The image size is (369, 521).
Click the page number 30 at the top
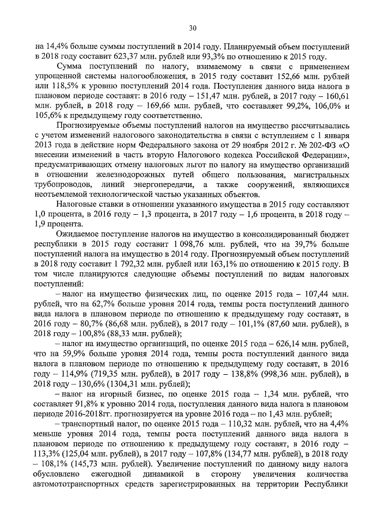click(193, 28)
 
